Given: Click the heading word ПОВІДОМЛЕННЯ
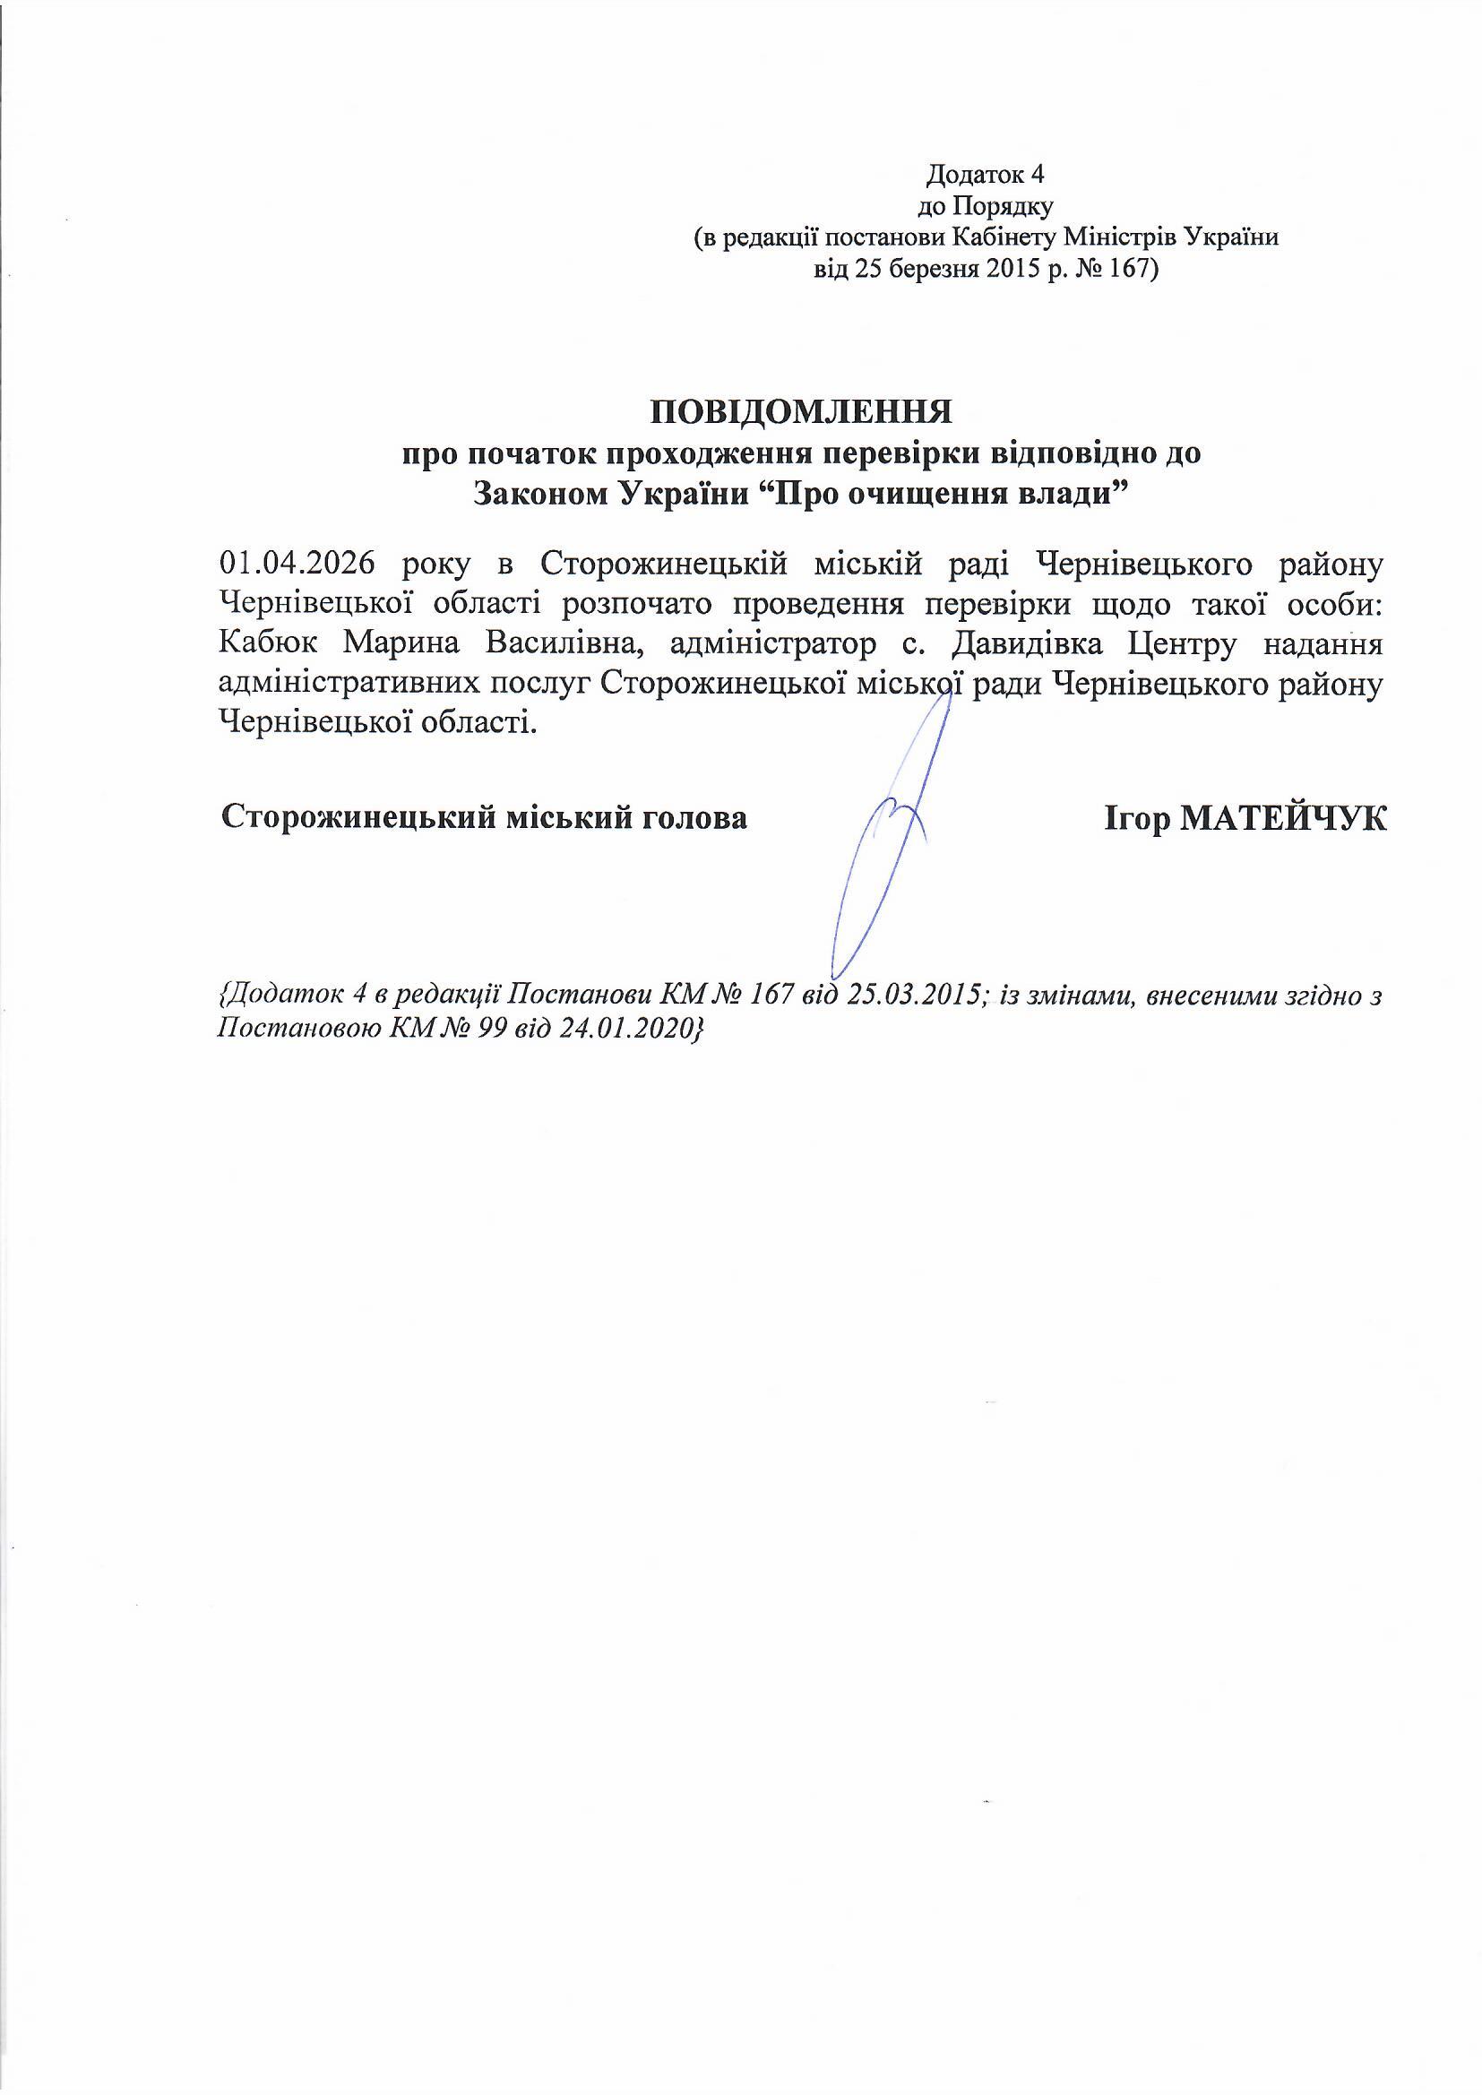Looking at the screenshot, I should pos(800,412).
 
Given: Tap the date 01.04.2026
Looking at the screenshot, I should pos(297,563).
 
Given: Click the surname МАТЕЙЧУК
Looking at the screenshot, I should pos(1283,817).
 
